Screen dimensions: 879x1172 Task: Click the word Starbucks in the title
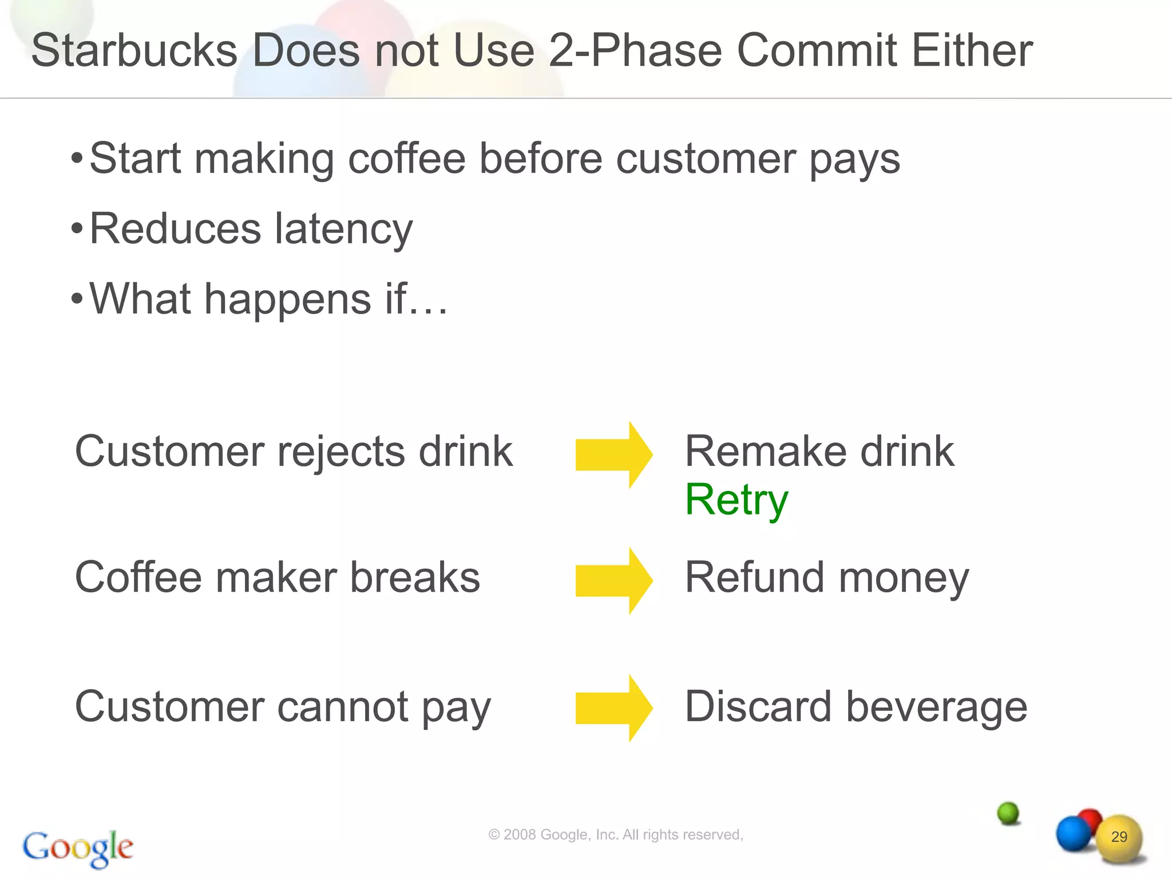pos(134,50)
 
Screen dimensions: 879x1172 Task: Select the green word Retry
pos(737,500)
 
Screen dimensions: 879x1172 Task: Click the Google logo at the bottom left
pos(78,848)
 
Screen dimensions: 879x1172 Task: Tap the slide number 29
pos(1119,837)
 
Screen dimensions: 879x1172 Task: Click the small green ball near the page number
pos(1008,813)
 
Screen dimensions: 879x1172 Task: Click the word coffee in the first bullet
pos(406,159)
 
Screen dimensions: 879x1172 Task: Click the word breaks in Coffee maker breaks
pos(415,577)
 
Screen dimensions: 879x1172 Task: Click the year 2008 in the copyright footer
pos(520,835)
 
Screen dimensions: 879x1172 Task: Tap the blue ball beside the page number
pos(1072,834)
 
